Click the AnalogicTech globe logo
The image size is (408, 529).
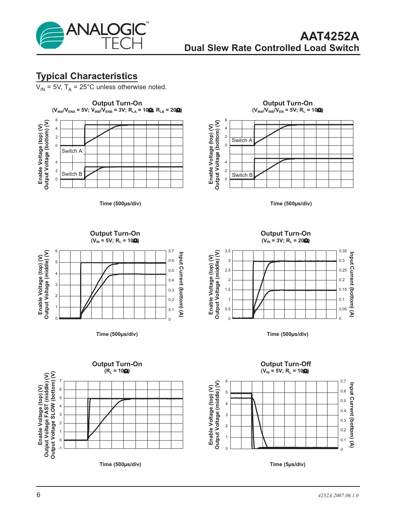coord(50,36)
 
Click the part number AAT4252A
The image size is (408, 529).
coord(329,36)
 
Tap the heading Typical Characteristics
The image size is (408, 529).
coord(87,76)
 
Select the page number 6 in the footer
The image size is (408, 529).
coord(38,495)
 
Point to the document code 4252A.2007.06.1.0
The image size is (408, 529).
coord(338,495)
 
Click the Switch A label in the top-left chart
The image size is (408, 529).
coord(72,151)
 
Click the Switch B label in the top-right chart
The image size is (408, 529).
coord(242,175)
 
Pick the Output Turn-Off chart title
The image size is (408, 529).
coord(286,364)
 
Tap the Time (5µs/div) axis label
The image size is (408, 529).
coord(287,464)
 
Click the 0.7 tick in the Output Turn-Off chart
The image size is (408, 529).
coord(343,381)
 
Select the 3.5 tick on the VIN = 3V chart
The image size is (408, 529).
coord(228,251)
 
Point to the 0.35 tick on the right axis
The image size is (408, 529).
coord(343,251)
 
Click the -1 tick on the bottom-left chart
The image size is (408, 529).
coord(60,448)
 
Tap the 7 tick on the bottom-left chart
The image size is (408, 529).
coord(61,381)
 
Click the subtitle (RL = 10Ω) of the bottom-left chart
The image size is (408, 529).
coord(117,371)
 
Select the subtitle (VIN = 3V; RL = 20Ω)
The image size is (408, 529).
coord(286,241)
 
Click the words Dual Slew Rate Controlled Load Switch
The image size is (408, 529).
coord(271,48)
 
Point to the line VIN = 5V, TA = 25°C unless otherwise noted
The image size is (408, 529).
coord(101,87)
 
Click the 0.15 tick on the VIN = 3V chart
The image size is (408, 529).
coord(343,290)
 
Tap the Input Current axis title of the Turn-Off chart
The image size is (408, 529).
coord(352,415)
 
